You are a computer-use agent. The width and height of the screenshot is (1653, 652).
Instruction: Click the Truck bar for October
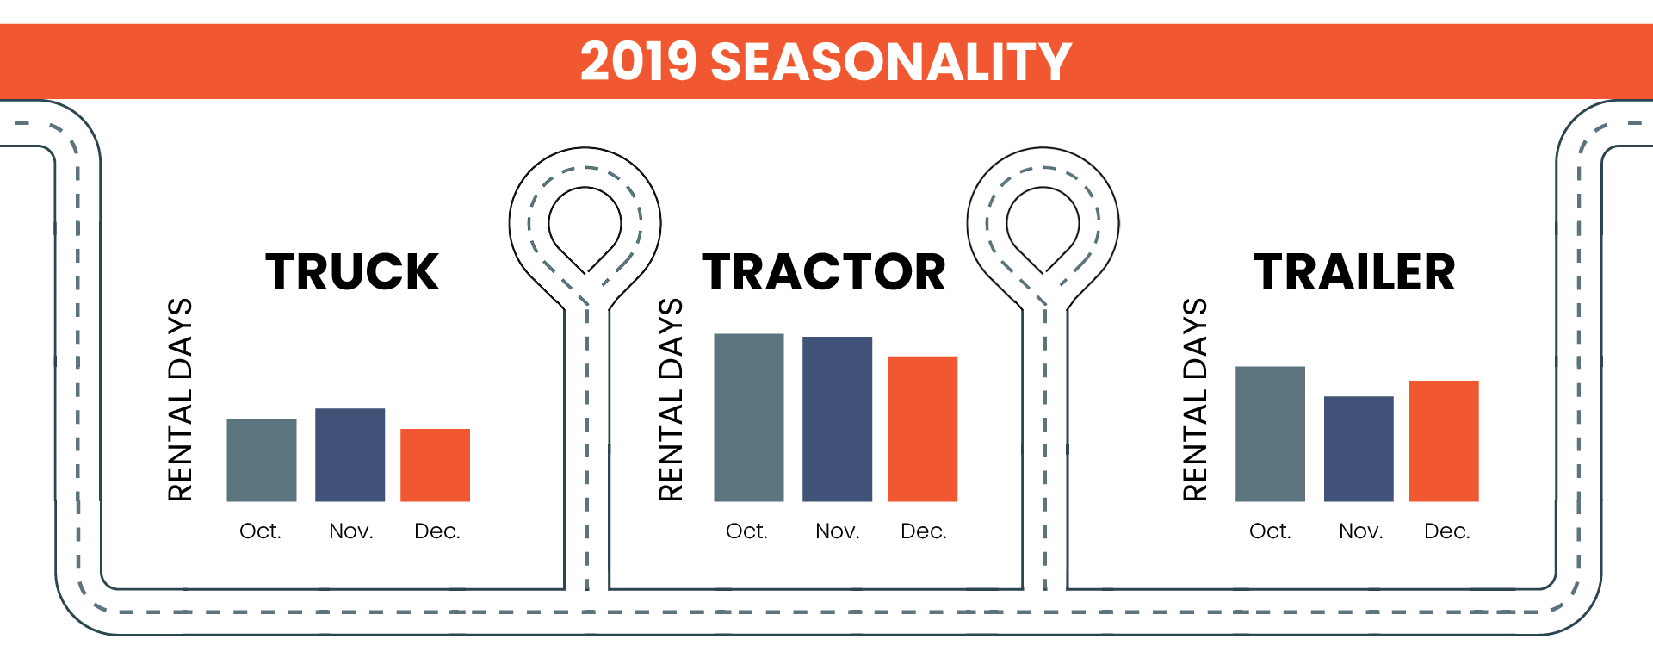pyautogui.click(x=262, y=460)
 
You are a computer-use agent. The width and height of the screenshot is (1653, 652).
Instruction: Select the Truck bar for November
pyautogui.click(x=350, y=455)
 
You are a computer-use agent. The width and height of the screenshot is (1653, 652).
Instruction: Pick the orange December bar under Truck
pyautogui.click(x=435, y=465)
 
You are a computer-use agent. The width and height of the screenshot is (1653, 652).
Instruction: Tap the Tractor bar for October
pyautogui.click(x=749, y=417)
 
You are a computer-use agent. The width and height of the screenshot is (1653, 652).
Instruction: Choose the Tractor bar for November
pyautogui.click(x=837, y=419)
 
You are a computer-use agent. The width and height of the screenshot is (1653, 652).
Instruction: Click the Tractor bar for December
pyautogui.click(x=922, y=429)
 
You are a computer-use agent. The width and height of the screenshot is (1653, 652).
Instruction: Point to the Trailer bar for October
pyautogui.click(x=1270, y=434)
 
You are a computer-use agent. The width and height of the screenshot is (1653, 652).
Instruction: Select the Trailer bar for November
pyautogui.click(x=1359, y=449)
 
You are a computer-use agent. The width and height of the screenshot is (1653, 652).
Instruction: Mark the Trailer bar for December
pyautogui.click(x=1444, y=441)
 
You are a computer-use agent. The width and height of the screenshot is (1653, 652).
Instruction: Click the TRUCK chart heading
pyautogui.click(x=352, y=272)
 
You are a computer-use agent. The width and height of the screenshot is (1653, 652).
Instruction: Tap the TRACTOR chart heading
pyautogui.click(x=824, y=272)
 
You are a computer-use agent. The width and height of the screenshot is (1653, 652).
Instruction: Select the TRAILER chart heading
pyautogui.click(x=1354, y=272)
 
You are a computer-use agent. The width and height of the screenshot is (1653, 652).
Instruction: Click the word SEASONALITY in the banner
pyautogui.click(x=891, y=62)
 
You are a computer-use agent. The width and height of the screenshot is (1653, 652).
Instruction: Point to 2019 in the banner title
pyautogui.click(x=638, y=62)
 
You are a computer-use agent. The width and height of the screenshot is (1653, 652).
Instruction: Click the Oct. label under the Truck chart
pyautogui.click(x=260, y=531)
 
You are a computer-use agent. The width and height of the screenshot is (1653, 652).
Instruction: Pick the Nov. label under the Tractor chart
pyautogui.click(x=838, y=531)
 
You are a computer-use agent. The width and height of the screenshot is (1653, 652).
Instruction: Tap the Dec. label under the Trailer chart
pyautogui.click(x=1447, y=531)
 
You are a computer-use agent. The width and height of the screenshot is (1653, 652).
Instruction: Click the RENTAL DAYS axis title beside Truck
pyautogui.click(x=180, y=400)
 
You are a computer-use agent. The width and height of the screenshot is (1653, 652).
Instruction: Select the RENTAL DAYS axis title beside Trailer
pyautogui.click(x=1195, y=400)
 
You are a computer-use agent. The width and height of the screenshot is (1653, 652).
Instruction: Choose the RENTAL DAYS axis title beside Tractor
pyautogui.click(x=671, y=400)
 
